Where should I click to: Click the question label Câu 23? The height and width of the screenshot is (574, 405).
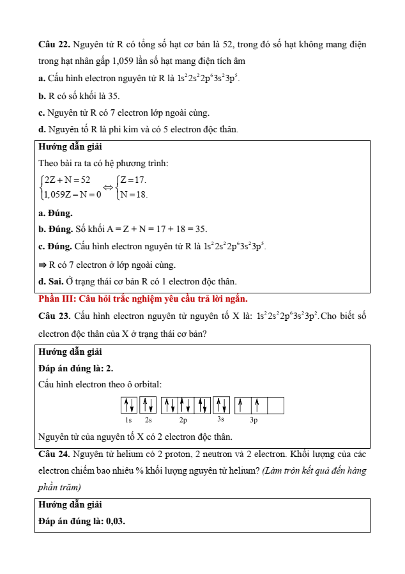(x=54, y=316)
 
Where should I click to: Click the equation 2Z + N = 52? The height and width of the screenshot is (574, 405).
(x=67, y=180)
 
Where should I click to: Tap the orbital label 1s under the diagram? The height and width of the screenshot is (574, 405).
(x=128, y=421)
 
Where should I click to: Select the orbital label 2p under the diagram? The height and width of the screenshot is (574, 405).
(x=183, y=421)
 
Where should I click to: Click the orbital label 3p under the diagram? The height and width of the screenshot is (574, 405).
(x=254, y=421)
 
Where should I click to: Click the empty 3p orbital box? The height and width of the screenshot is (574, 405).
(x=275, y=405)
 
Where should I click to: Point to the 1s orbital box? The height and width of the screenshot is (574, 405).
(x=128, y=405)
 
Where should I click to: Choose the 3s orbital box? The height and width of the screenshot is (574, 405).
(x=221, y=405)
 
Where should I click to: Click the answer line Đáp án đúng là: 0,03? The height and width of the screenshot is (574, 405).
(x=82, y=521)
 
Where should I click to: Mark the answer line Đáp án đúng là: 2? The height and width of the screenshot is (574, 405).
(x=76, y=368)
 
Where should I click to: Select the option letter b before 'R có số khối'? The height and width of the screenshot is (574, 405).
(x=41, y=97)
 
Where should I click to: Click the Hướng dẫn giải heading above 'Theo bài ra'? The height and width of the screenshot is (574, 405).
(x=70, y=146)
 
